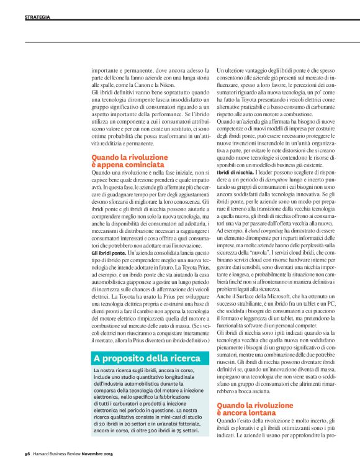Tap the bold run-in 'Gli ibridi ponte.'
tap(108, 256)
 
